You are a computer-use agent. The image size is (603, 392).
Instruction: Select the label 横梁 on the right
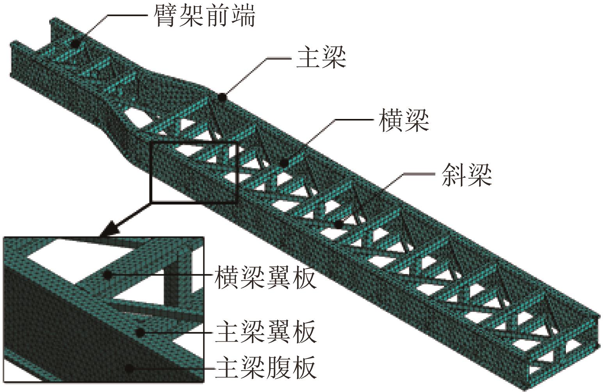tap(404, 120)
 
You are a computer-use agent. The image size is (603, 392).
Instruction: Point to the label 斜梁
tap(467, 174)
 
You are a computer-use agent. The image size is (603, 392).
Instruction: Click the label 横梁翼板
tap(265, 276)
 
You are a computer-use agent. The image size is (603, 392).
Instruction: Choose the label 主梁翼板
tap(265, 332)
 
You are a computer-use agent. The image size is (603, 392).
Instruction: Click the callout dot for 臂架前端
tap(74, 43)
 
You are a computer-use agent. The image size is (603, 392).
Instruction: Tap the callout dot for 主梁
tap(222, 97)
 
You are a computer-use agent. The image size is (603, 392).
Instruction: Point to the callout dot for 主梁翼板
tap(139, 332)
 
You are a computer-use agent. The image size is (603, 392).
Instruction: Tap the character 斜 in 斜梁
tap(453, 174)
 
